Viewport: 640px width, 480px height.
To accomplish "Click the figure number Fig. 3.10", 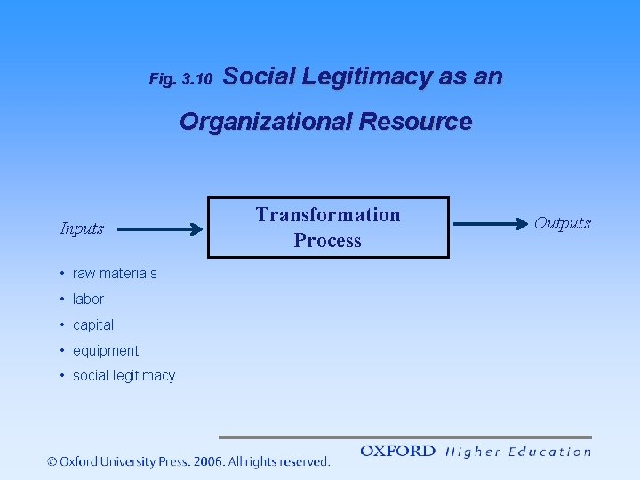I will [180, 79].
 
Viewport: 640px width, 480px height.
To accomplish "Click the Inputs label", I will [82, 228].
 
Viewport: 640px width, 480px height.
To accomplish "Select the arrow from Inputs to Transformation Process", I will [160, 229].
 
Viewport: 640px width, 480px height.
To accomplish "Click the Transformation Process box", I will [328, 228].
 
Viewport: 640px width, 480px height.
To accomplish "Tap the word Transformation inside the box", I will [328, 215].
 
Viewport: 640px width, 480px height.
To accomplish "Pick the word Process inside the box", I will [328, 241].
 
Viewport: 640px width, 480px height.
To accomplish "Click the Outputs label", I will [562, 223].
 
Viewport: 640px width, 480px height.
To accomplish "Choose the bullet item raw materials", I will [115, 273].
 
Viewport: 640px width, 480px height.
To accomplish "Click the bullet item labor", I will [88, 299].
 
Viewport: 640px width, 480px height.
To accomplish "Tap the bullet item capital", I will [93, 324].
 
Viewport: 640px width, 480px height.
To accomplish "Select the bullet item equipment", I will [106, 350].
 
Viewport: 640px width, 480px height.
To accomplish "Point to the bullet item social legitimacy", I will [124, 376].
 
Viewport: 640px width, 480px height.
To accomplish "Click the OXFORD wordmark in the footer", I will [397, 452].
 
